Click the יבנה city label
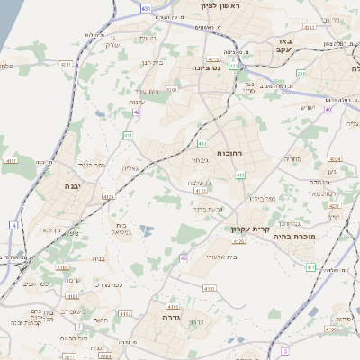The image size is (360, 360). point(72,185)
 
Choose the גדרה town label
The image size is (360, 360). point(171,317)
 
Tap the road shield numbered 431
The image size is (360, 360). point(147,7)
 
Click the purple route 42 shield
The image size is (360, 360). point(137,112)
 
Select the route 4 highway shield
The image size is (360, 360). point(14,224)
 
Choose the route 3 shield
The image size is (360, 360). point(285,350)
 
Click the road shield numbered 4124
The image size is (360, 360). point(109,196)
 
